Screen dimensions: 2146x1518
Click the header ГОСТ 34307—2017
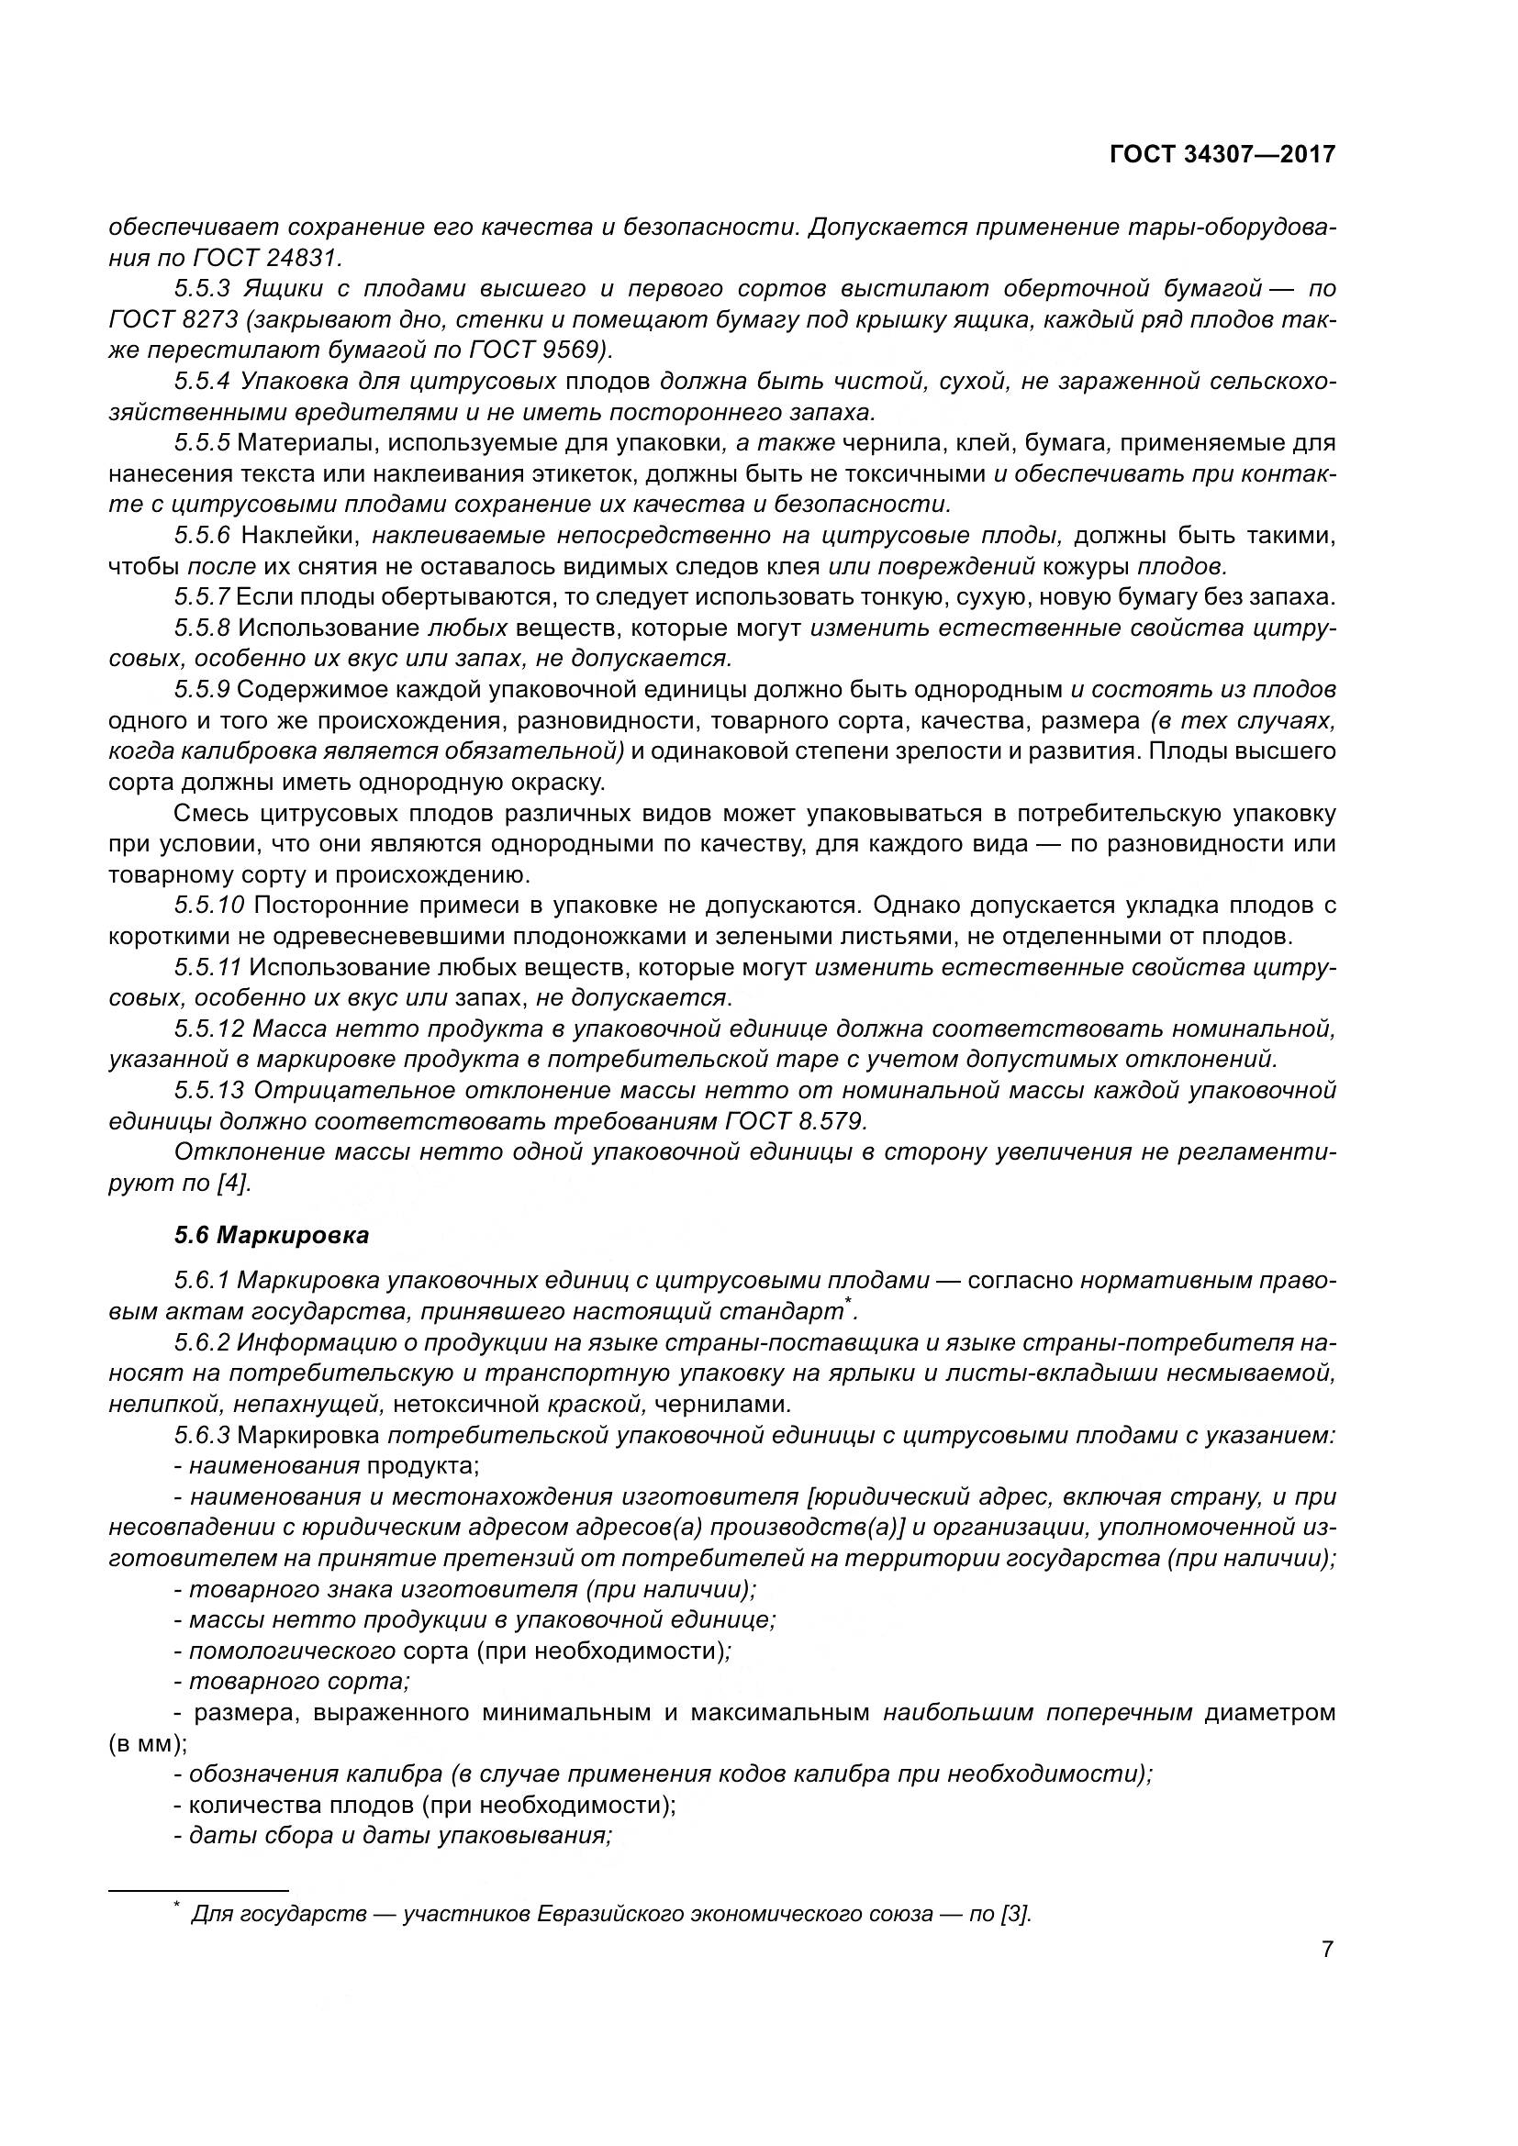click(1222, 155)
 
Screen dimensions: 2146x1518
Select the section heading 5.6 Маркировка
click(271, 1235)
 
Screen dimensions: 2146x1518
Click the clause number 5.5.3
click(202, 289)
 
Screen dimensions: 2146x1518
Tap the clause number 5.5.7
click(202, 597)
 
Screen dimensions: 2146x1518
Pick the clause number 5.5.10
click(208, 905)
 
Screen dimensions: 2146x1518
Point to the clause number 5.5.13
click(208, 1090)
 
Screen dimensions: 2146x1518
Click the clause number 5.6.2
click(201, 1343)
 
